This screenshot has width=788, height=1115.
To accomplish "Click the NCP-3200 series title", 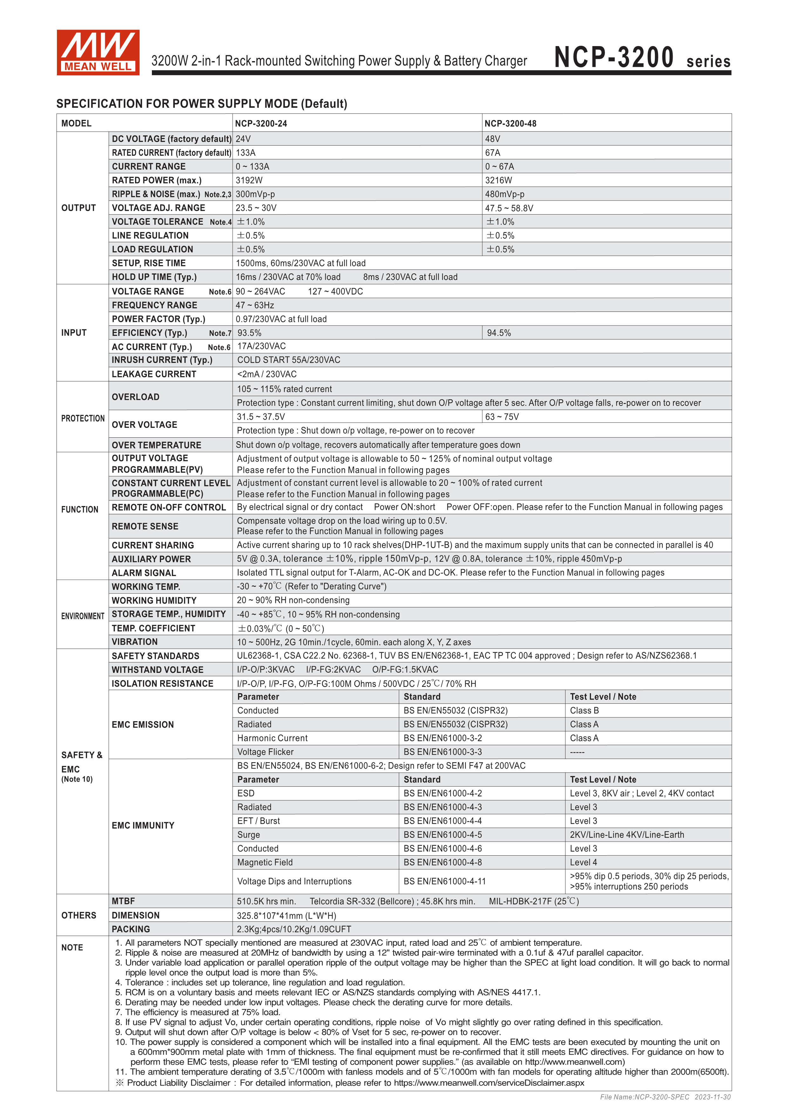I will click(x=642, y=58).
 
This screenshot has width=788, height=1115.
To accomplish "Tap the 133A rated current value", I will click(x=246, y=153).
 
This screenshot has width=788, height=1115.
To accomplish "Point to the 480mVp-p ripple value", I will click(x=505, y=194).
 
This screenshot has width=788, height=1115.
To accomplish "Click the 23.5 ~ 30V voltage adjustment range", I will click(x=256, y=208).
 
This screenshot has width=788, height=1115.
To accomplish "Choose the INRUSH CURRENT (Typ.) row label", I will click(x=162, y=360).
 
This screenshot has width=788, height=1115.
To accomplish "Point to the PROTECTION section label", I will click(x=83, y=419).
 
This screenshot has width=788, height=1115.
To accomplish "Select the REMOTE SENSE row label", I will click(x=145, y=526).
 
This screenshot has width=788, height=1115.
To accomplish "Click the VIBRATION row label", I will click(x=134, y=642).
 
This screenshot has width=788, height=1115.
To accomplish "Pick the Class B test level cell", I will click(x=584, y=710).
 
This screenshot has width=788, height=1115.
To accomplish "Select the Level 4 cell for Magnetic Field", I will click(x=583, y=863).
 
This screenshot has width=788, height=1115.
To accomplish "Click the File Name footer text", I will click(x=665, y=1097).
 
